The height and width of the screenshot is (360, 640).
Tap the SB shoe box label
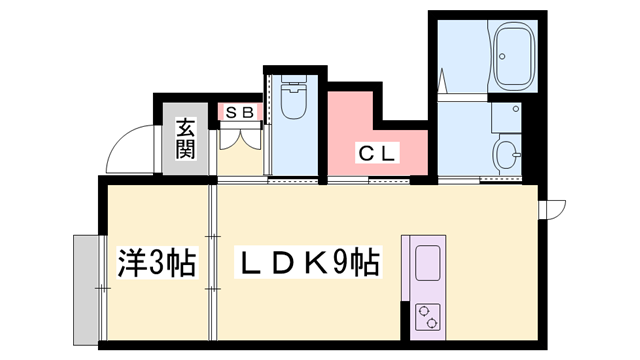[240, 112]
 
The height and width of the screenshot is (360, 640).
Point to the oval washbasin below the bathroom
[507, 155]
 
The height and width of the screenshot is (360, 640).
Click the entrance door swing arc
[125, 150]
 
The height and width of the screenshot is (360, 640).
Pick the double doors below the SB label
[240, 150]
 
